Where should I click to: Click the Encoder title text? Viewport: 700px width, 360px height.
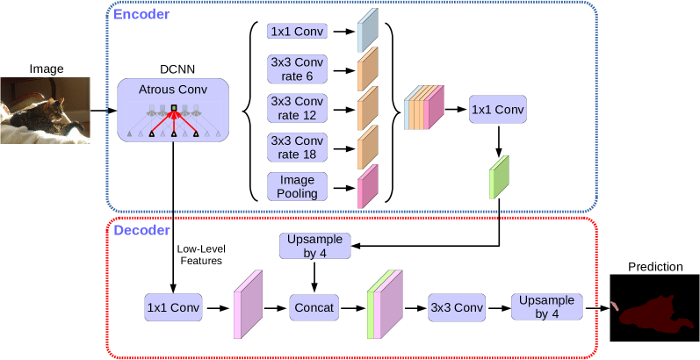[141, 14]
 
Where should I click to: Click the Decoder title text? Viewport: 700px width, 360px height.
[141, 230]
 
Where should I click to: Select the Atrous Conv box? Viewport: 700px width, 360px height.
[173, 111]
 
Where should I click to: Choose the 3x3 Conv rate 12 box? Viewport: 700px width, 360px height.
[297, 108]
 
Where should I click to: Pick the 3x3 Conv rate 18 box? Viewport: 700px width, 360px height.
[297, 147]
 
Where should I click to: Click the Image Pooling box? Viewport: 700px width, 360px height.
[297, 186]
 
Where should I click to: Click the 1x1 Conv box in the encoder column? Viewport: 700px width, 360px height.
[297, 32]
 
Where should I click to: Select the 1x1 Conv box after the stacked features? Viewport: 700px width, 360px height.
[497, 110]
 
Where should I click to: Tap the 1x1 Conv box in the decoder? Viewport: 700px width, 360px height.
[174, 308]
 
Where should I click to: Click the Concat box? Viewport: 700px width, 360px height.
[314, 308]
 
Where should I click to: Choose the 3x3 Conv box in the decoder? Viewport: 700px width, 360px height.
[457, 308]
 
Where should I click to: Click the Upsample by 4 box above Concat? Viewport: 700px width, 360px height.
[314, 245]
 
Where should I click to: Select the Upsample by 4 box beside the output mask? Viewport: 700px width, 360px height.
[546, 306]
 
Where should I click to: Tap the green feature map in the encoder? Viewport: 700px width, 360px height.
[499, 177]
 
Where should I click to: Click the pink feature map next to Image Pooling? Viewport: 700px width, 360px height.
[367, 186]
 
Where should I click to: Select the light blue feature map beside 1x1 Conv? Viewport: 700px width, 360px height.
[367, 30]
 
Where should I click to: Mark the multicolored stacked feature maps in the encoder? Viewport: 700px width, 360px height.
[425, 108]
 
